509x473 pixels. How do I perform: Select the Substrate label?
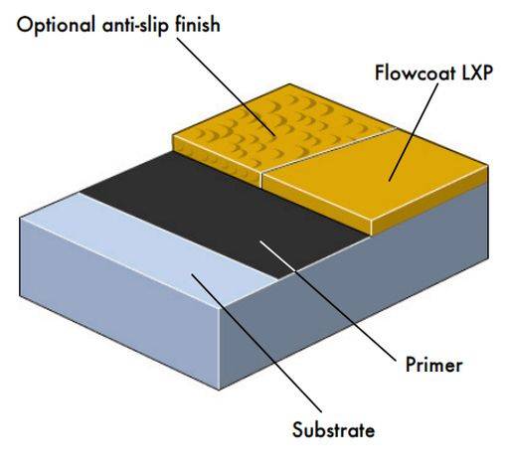[x=334, y=430]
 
